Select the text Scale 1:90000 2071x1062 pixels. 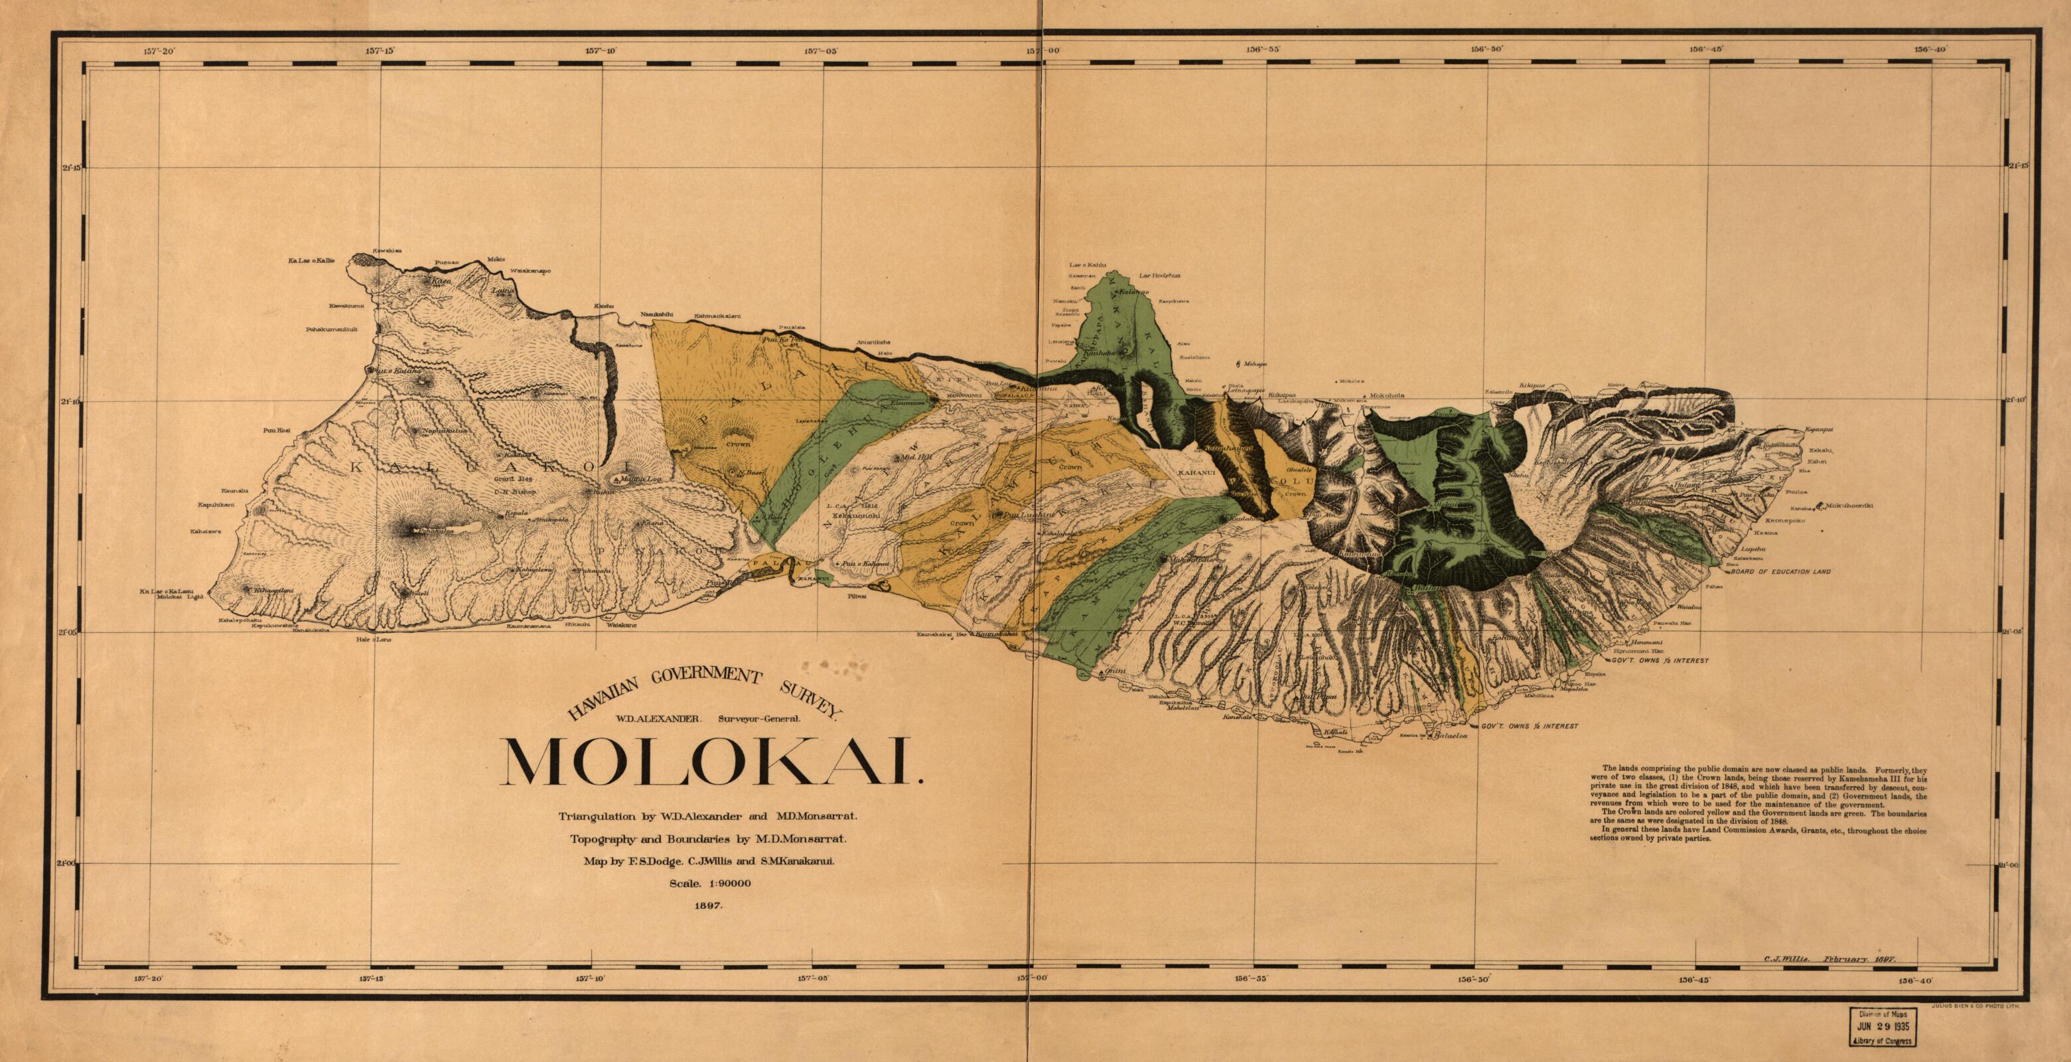click(x=710, y=884)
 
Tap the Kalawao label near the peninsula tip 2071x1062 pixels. click(x=1135, y=293)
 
